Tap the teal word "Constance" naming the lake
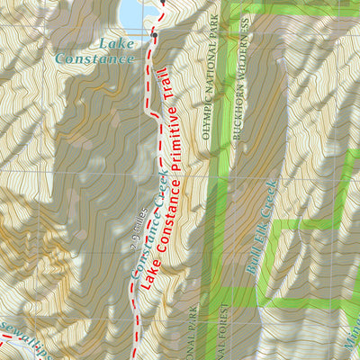point(94,58)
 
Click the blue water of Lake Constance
point(133,13)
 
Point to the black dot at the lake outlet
point(154,36)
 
